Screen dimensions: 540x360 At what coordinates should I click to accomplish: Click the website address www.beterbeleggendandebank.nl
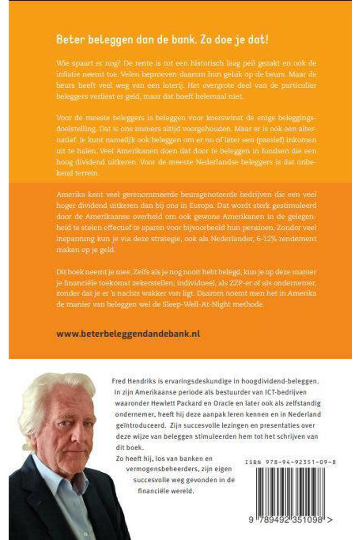tap(128, 334)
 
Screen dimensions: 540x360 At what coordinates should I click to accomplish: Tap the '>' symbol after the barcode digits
tap(330, 520)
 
